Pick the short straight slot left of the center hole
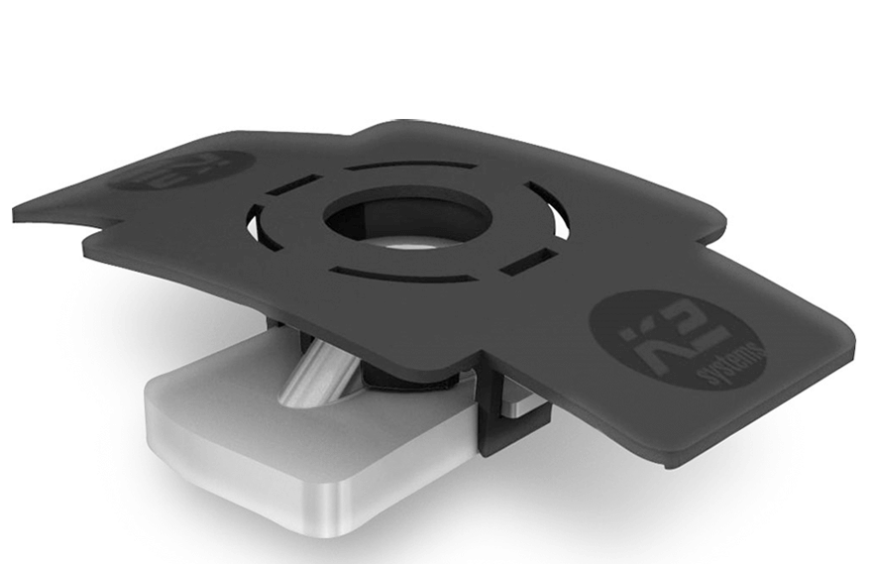pyautogui.click(x=294, y=185)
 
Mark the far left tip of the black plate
pyautogui.click(x=18, y=212)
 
